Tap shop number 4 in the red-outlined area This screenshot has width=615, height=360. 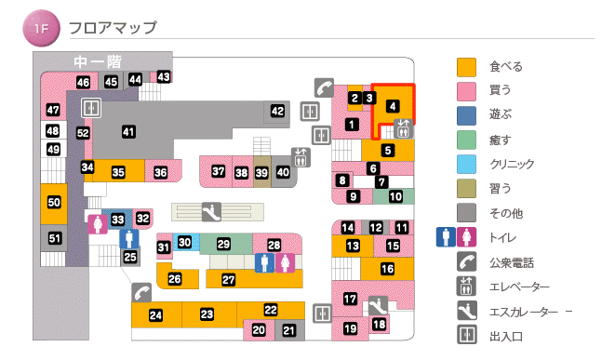tap(394, 106)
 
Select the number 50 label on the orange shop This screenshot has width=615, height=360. tap(54, 202)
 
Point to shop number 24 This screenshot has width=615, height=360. tap(156, 315)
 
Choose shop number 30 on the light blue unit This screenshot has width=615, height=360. tap(185, 243)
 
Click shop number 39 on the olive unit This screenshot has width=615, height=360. tap(262, 172)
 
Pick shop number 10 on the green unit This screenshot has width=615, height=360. tap(395, 196)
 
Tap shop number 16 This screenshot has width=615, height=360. tap(388, 269)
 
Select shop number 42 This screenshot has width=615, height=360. tap(277, 112)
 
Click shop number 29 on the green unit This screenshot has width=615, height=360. tap(223, 244)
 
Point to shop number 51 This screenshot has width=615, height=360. tap(55, 239)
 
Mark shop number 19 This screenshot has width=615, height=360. tap(351, 328)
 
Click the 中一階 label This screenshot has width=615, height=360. tap(98, 61)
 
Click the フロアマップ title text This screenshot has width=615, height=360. tap(113, 28)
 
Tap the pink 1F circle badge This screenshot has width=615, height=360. tap(41, 28)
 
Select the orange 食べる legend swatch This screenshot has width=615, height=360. tap(466, 67)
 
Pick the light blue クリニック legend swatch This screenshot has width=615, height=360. tap(466, 164)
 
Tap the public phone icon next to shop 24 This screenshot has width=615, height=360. tap(141, 291)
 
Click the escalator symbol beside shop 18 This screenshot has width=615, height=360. tap(378, 303)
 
